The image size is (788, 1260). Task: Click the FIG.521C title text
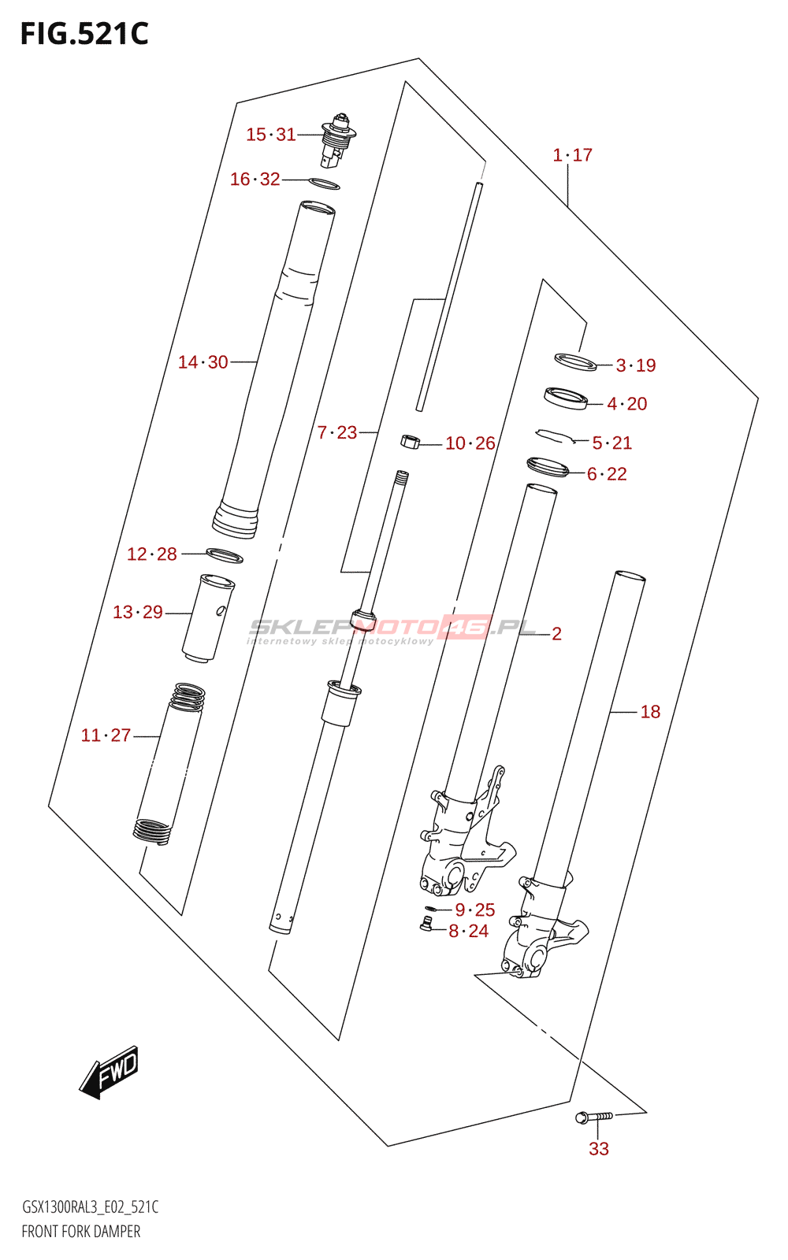click(x=84, y=34)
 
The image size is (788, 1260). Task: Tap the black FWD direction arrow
click(x=110, y=1073)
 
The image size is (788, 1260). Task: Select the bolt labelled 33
click(x=593, y=1117)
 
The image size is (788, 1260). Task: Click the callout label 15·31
click(x=270, y=135)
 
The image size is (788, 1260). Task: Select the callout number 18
click(x=650, y=712)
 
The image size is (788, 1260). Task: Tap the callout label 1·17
click(x=573, y=155)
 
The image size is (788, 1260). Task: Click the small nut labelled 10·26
click(x=410, y=442)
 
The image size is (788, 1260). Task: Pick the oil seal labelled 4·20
click(x=566, y=398)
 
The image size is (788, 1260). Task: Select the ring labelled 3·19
click(x=575, y=362)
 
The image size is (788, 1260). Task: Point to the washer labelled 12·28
click(x=225, y=556)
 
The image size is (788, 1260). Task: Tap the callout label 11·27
click(x=106, y=736)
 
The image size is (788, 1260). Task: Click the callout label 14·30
click(x=203, y=362)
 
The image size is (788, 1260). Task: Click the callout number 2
click(x=556, y=634)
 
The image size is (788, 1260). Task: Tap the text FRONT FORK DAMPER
click(x=81, y=1232)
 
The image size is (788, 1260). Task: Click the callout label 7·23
click(x=337, y=432)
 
